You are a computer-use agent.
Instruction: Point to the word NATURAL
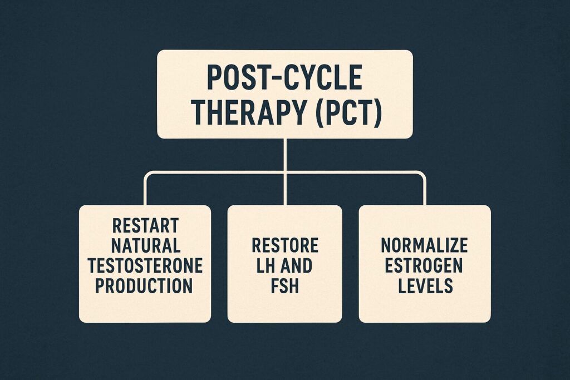point(145,246)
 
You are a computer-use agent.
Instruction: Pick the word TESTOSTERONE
point(145,266)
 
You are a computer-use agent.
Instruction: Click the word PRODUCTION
point(145,286)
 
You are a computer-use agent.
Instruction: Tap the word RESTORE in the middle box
point(284,246)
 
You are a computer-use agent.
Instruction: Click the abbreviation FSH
point(284,286)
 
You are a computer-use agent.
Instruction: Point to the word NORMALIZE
point(424,246)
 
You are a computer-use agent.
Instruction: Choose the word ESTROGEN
point(424,266)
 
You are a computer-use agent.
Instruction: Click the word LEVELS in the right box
point(424,286)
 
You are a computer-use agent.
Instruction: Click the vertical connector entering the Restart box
point(145,192)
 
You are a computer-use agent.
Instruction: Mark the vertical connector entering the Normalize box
point(424,192)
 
